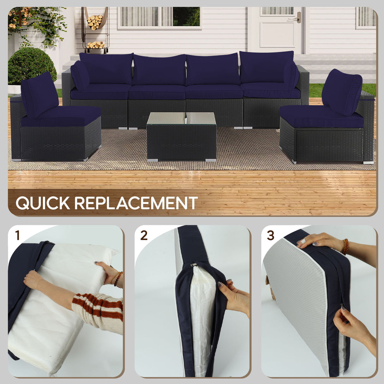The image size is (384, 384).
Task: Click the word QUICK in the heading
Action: click(x=43, y=203)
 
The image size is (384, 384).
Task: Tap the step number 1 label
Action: click(x=17, y=235)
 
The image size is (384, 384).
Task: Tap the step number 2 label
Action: click(x=144, y=235)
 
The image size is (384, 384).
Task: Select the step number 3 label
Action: click(x=270, y=235)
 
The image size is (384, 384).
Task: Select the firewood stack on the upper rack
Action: click(x=95, y=22)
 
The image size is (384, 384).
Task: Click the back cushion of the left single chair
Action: click(x=40, y=94)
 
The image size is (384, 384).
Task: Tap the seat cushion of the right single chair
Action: click(x=321, y=116)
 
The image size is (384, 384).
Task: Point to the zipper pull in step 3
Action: click(x=343, y=307)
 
